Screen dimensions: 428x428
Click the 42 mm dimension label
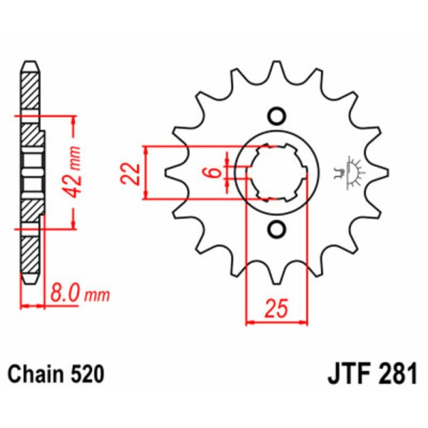pyautogui.click(x=80, y=171)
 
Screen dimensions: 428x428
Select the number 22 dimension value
pyautogui.click(x=130, y=173)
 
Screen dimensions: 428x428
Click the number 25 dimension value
pyautogui.click(x=277, y=308)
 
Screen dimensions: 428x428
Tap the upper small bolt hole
pyautogui.click(x=276, y=116)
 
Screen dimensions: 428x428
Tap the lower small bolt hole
pyautogui.click(x=276, y=228)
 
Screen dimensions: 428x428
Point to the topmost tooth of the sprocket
pyautogui.click(x=276, y=70)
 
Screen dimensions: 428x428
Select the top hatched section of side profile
pyautogui.click(x=29, y=89)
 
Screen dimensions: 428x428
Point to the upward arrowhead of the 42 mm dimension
pyautogui.click(x=73, y=117)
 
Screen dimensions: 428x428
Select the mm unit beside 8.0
pyautogui.click(x=96, y=294)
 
